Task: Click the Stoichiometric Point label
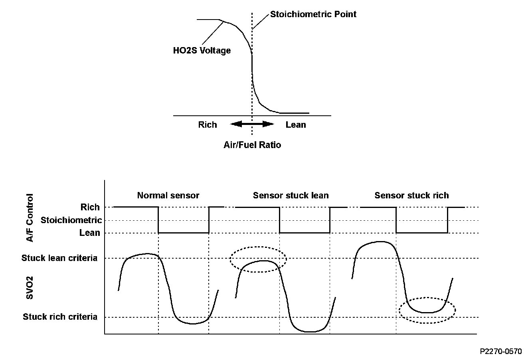pyautogui.click(x=313, y=14)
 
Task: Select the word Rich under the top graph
pyautogui.click(x=208, y=125)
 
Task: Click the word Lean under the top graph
pyautogui.click(x=296, y=125)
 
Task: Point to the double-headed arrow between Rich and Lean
pyautogui.click(x=252, y=124)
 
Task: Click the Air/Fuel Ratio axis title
pyautogui.click(x=252, y=144)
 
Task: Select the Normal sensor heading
pyautogui.click(x=168, y=195)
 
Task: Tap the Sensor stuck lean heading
pyautogui.click(x=291, y=195)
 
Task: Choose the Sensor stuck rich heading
pyautogui.click(x=411, y=195)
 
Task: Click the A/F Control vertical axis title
pyautogui.click(x=30, y=218)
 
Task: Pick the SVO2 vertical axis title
pyautogui.click(x=30, y=287)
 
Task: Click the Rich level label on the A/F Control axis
pyautogui.click(x=90, y=207)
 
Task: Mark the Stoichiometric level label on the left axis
pyautogui.click(x=71, y=220)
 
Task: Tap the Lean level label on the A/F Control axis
pyautogui.click(x=90, y=233)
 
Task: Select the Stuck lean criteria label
pyautogui.click(x=59, y=258)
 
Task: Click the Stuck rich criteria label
pyautogui.click(x=60, y=317)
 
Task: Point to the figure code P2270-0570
pyautogui.click(x=501, y=351)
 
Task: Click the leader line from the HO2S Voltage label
pyautogui.click(x=213, y=33)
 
